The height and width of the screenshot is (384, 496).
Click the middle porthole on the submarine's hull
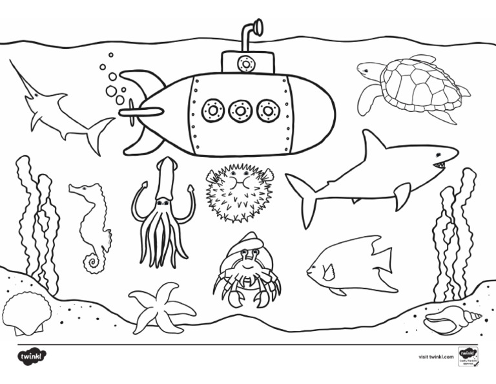pyautogui.click(x=240, y=111)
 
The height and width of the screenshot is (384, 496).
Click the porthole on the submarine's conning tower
pyautogui.click(x=245, y=63)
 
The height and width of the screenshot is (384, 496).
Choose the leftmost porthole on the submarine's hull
pyautogui.click(x=212, y=111)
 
